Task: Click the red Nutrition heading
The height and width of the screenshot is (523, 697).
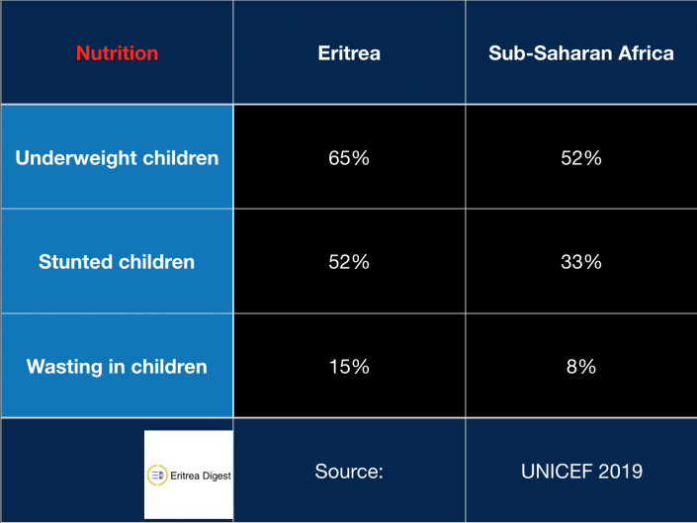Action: tap(117, 53)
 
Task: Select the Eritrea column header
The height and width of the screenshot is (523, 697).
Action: tap(349, 53)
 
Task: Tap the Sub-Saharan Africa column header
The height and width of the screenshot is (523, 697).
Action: tap(581, 53)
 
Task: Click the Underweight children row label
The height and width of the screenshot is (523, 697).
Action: tap(117, 158)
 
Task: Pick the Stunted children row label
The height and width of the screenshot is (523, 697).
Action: tap(117, 262)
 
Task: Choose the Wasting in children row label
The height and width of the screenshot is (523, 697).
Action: tap(117, 367)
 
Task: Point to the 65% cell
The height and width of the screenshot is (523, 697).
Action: tap(349, 158)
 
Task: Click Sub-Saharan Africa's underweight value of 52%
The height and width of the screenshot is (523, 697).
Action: tap(581, 158)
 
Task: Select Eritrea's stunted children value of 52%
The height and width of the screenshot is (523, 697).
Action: tap(349, 262)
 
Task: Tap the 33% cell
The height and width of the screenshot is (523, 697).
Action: tap(581, 262)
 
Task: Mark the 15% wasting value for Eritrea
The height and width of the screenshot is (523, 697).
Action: tap(349, 367)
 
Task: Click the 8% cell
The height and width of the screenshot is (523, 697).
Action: tap(581, 367)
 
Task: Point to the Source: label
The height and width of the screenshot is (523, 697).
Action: tap(349, 472)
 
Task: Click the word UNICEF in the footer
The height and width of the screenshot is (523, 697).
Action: tap(557, 472)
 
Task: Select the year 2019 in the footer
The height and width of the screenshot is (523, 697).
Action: tap(621, 472)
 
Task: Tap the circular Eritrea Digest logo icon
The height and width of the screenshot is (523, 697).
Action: tap(157, 475)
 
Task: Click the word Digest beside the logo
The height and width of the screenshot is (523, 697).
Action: tap(217, 477)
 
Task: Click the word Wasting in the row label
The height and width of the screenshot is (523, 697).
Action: tap(64, 367)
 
